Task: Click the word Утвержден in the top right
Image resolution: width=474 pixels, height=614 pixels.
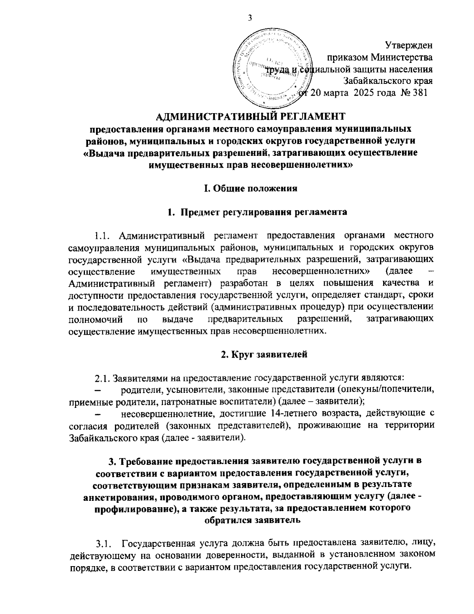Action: tap(408, 46)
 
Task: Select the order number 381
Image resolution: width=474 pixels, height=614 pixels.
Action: tap(419, 93)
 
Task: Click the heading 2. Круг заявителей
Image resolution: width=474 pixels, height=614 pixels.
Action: tap(263, 355)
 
